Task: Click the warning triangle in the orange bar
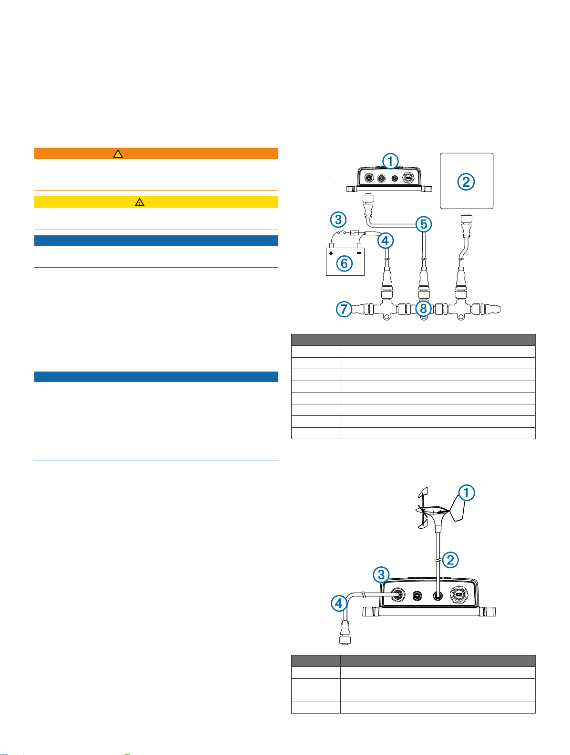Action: (118, 153)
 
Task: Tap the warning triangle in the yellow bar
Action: (139, 202)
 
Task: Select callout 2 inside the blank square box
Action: (466, 181)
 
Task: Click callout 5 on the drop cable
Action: (423, 224)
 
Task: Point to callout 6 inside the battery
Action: (345, 263)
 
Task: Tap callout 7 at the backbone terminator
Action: (344, 309)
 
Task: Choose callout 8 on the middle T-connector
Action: (423, 309)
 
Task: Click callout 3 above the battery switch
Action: (338, 220)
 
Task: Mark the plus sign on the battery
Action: (331, 253)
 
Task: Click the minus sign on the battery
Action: (359, 253)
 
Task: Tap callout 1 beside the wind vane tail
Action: (467, 493)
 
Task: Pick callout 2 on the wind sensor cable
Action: (450, 560)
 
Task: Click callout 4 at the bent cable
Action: (339, 604)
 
